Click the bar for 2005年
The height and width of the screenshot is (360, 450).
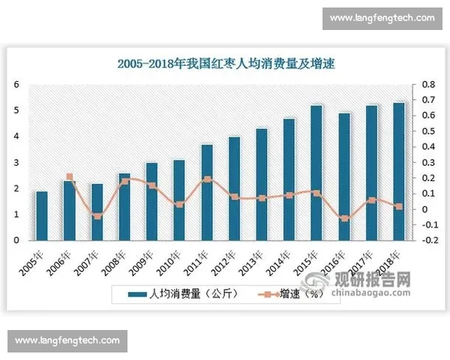point(42,216)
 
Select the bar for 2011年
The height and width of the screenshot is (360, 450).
point(207,193)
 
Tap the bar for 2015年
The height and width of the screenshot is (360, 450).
point(316,173)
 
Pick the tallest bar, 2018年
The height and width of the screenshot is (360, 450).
point(398,172)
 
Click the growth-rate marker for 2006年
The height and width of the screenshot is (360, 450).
point(70,177)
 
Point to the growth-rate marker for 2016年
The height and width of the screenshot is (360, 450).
point(344,218)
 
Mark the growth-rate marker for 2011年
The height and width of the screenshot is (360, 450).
point(207,179)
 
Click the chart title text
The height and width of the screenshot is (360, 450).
point(226,64)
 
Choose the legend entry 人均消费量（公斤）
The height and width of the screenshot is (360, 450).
point(183,293)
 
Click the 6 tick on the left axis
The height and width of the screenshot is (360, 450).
point(16,84)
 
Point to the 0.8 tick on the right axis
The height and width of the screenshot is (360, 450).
point(428,84)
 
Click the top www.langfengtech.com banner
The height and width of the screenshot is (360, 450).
point(382,18)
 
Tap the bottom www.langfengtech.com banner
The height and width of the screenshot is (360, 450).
point(68,341)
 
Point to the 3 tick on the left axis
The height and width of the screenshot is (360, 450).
point(16,163)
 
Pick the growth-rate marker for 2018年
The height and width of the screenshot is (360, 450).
point(398,206)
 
